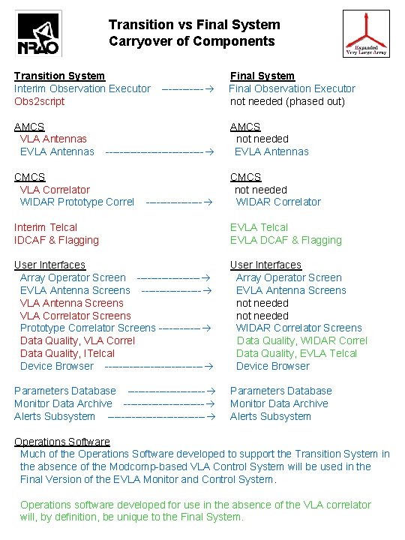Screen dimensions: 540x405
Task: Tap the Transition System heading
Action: pos(59,76)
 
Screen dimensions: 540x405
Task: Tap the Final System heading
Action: pos(262,76)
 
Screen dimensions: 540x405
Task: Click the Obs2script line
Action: pos(40,101)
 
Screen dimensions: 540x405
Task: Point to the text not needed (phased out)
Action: pos(287,101)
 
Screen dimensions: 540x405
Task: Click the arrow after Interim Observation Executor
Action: pos(185,88)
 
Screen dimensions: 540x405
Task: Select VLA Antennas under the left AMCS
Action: pos(53,139)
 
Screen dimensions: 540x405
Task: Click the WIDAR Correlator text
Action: pos(278,202)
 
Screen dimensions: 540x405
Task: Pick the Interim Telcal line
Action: pos(46,227)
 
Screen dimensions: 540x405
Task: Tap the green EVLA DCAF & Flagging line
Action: pos(286,240)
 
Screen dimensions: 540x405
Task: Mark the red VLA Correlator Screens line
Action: pos(75,316)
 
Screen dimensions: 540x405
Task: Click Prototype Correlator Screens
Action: pos(88,328)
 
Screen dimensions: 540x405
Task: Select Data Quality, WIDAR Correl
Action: pos(301,340)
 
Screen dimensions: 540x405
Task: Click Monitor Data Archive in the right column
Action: pos(279,403)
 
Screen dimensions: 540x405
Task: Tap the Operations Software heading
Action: pos(62,441)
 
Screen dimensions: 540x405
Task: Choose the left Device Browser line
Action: pos(57,366)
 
